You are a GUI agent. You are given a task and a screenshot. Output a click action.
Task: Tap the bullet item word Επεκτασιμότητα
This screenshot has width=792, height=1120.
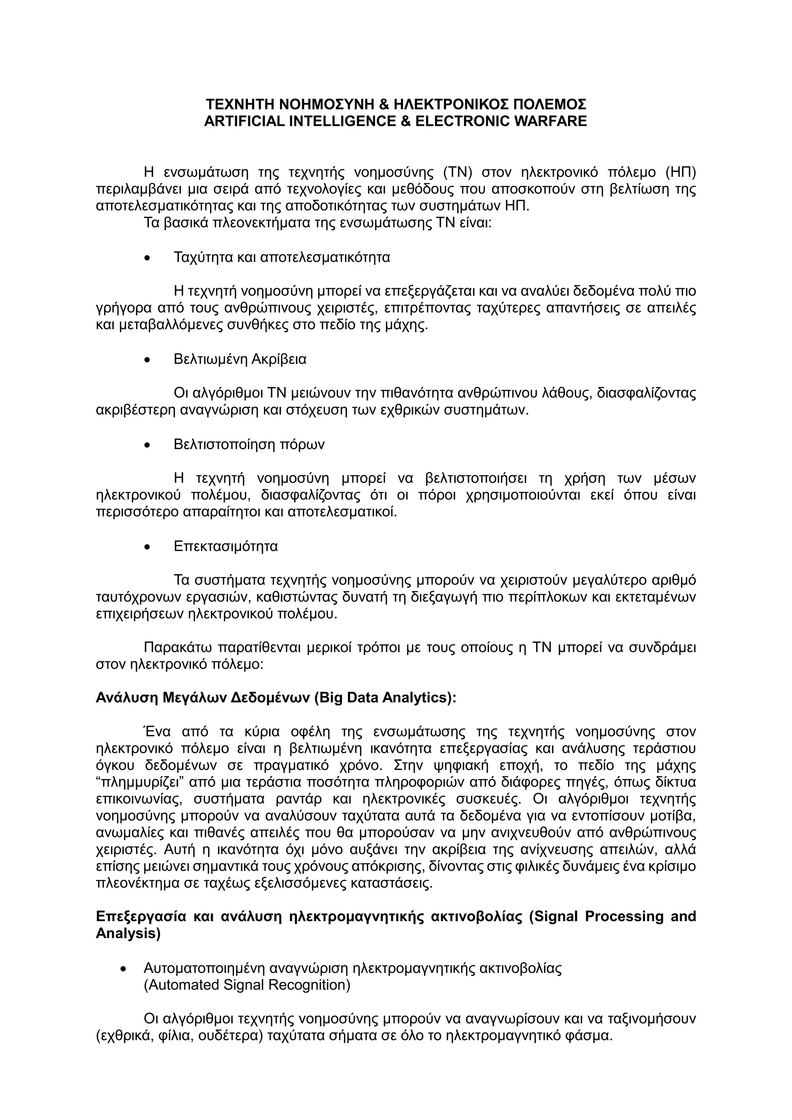click(x=225, y=546)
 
